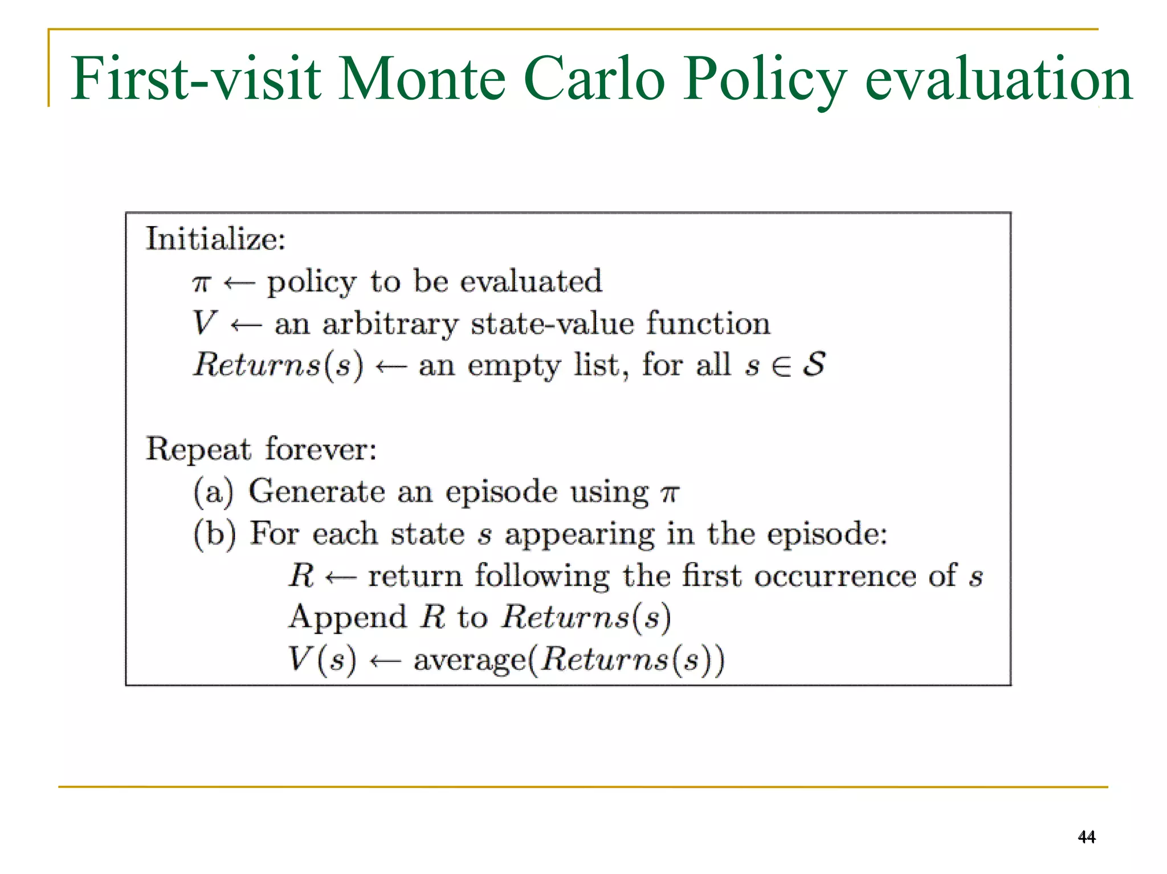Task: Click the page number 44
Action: (x=1086, y=836)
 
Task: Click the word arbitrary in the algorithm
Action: (x=390, y=324)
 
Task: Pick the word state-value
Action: (x=552, y=324)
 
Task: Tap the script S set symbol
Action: (x=814, y=364)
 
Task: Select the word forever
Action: (x=321, y=449)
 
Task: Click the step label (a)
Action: (x=214, y=491)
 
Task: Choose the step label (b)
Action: (x=214, y=534)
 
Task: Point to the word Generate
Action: (x=317, y=491)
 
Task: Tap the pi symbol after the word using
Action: (x=670, y=493)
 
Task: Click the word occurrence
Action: (x=835, y=576)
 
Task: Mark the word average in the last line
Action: (x=469, y=660)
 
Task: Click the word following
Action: (x=542, y=576)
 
